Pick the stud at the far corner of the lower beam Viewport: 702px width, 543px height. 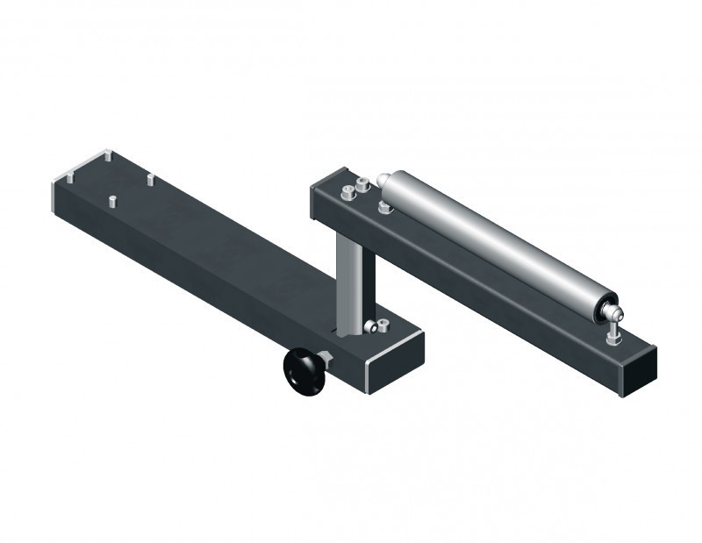click(x=106, y=157)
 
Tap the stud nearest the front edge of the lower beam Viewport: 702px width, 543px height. click(x=112, y=201)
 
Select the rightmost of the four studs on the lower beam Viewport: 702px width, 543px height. click(x=150, y=179)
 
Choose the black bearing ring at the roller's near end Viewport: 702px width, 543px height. click(x=604, y=307)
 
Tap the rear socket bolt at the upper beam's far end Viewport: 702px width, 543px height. click(x=360, y=186)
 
